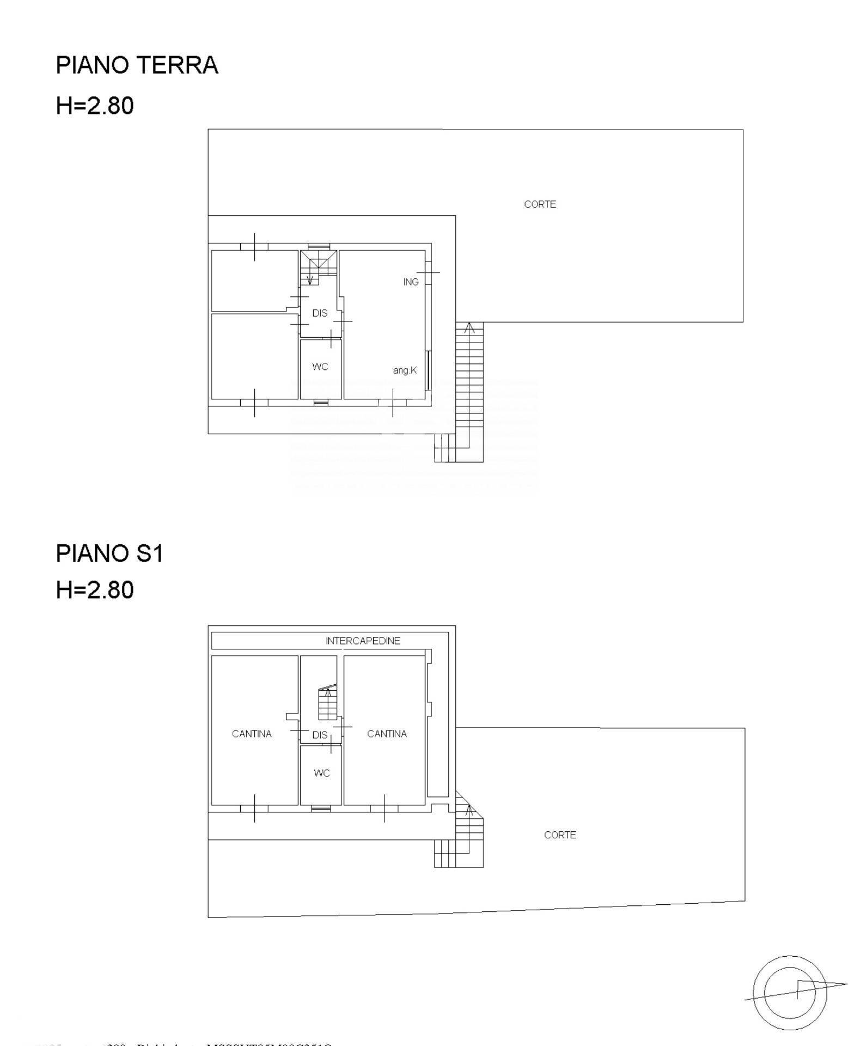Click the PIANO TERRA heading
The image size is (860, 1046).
tap(137, 65)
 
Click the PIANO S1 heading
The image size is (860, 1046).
tap(109, 554)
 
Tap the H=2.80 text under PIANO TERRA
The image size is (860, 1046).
tap(95, 106)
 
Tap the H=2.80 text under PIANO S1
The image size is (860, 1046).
tap(95, 591)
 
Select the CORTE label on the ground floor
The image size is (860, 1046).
tap(540, 204)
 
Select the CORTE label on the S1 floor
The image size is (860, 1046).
tap(560, 835)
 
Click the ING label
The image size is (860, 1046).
tap(411, 282)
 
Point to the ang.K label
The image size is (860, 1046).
tap(405, 370)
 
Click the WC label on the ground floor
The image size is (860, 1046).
tap(320, 367)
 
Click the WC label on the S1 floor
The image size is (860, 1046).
tap(322, 774)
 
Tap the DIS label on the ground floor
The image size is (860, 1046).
tap(320, 313)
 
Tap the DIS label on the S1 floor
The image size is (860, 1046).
tap(320, 735)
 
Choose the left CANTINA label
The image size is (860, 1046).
tap(252, 734)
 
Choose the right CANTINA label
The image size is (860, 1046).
tap(387, 734)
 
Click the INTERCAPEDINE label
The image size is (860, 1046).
tap(363, 641)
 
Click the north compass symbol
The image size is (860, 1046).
tap(790, 992)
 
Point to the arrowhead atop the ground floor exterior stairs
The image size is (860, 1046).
tap(469, 327)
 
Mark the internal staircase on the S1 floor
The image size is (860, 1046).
tap(327, 703)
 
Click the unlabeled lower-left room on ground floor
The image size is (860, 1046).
tap(254, 356)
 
